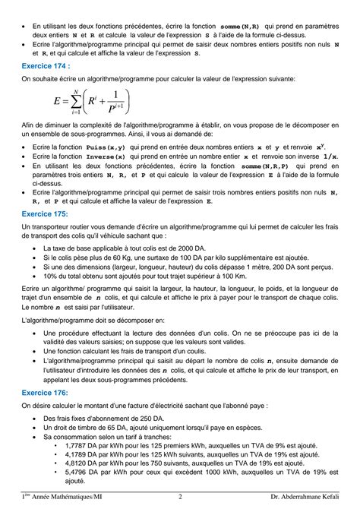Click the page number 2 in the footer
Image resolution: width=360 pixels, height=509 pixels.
(x=180, y=498)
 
